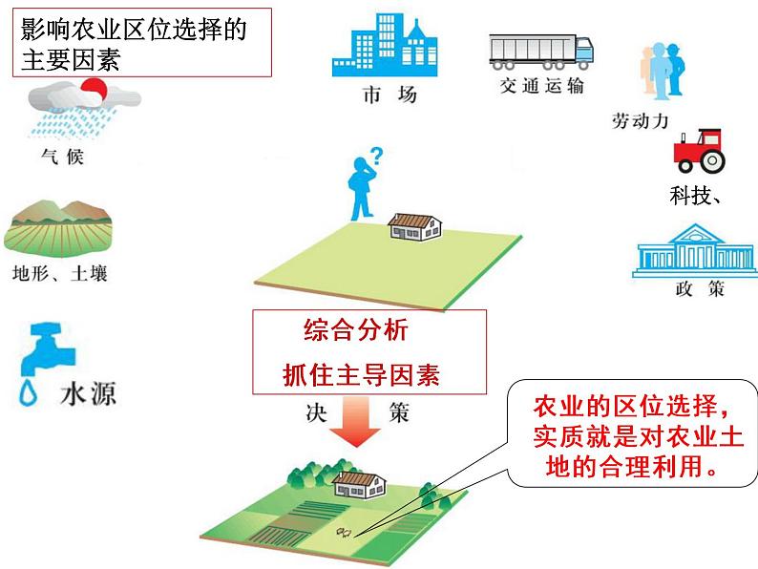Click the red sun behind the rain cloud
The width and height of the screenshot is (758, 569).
click(94, 92)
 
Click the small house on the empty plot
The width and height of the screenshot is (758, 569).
click(415, 225)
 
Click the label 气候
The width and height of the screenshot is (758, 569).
click(63, 156)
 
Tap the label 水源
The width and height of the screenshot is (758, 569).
click(88, 393)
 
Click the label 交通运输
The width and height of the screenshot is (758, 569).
click(541, 85)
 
